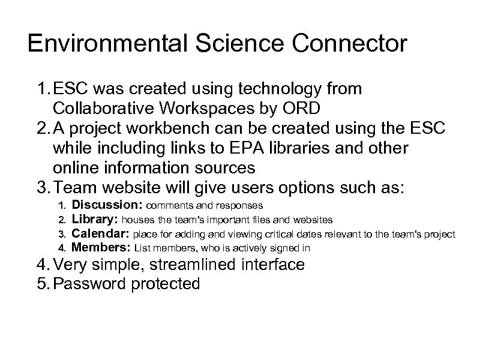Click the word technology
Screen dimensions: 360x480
pyautogui.click(x=264, y=89)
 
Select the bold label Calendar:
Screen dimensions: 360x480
pyautogui.click(x=100, y=234)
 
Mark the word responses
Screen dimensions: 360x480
pyautogui.click(x=240, y=207)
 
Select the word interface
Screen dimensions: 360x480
pyautogui.click(x=277, y=264)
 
